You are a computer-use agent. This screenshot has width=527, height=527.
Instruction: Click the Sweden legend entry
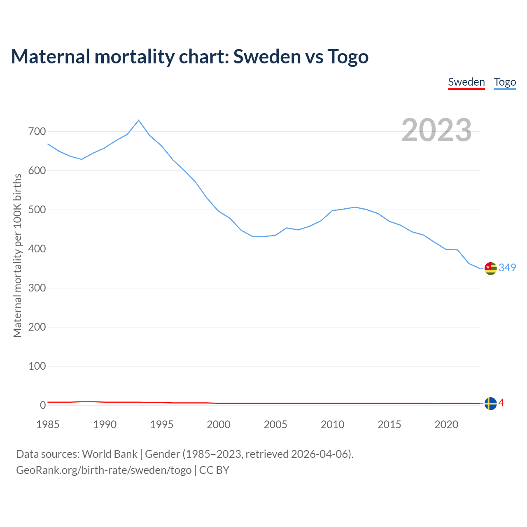tap(466, 82)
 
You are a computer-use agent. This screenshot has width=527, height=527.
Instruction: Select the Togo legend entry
tap(505, 82)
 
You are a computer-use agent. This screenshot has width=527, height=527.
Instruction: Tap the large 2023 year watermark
tap(436, 130)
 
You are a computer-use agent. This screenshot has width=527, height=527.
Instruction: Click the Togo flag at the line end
tap(490, 268)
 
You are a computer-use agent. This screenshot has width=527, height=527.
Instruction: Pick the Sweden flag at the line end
tap(490, 404)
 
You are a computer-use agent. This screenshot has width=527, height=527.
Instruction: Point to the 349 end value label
tap(507, 268)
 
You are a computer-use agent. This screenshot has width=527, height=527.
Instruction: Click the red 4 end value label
tap(501, 403)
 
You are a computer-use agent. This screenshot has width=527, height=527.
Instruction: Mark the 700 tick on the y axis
tap(37, 132)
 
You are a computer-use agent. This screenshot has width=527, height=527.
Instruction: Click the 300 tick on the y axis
tap(37, 288)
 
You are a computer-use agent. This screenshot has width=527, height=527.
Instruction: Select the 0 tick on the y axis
tap(43, 406)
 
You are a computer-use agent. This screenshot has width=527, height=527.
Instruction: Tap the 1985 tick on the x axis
tap(48, 424)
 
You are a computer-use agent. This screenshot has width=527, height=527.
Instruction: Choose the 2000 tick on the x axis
tap(219, 424)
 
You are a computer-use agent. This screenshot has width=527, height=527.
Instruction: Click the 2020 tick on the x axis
tap(446, 424)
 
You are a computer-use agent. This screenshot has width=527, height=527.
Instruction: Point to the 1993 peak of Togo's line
tap(138, 120)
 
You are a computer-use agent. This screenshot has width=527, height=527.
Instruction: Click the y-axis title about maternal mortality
tap(17, 255)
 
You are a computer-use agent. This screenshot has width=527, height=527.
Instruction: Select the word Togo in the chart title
tap(348, 56)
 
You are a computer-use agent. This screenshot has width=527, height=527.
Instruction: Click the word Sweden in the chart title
tap(267, 56)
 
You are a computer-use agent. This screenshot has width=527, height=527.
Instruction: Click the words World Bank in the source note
tap(110, 454)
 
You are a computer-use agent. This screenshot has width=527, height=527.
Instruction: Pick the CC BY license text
tap(214, 470)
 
